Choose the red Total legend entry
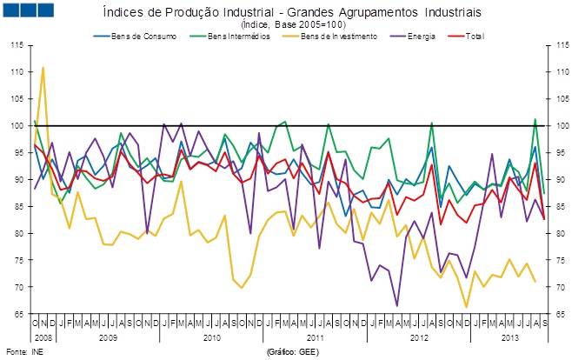pyautogui.click(x=473, y=37)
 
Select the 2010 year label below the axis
pyautogui.click(x=211, y=335)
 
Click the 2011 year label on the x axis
pyautogui.click(x=315, y=335)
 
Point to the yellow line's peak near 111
pyautogui.click(x=43, y=67)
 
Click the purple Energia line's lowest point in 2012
pyautogui.click(x=397, y=305)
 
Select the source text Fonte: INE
pyautogui.click(x=23, y=351)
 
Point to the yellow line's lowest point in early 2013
pyautogui.click(x=466, y=306)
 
